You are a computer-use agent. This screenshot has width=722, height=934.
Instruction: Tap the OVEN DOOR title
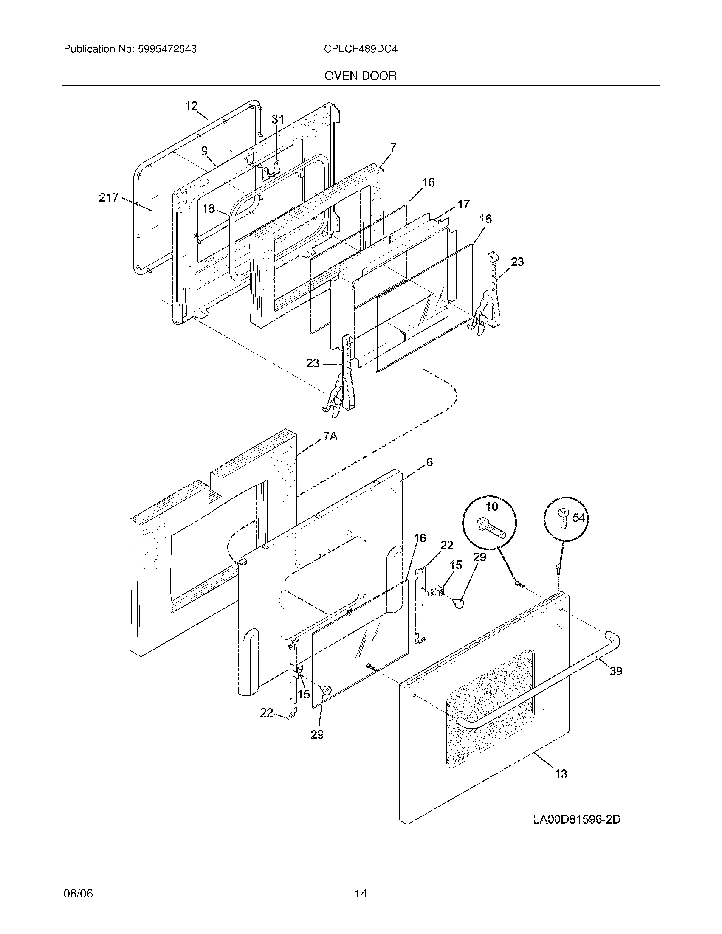point(361,76)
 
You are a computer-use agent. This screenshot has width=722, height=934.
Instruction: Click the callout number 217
point(109,197)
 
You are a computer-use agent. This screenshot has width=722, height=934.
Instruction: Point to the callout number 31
point(278,120)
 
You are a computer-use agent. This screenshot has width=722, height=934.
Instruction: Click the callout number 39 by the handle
point(615,672)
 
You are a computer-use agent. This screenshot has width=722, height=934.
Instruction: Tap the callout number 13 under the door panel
point(561,774)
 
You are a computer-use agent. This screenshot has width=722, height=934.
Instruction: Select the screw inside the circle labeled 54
point(561,519)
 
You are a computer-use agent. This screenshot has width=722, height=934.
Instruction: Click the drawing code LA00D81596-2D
point(577,820)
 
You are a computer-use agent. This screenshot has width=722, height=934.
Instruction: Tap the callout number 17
point(463,204)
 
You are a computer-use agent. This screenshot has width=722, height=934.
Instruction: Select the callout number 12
point(192,106)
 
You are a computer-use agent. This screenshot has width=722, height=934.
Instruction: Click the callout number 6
point(429,462)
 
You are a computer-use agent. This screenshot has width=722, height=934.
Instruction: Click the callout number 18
point(208,209)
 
